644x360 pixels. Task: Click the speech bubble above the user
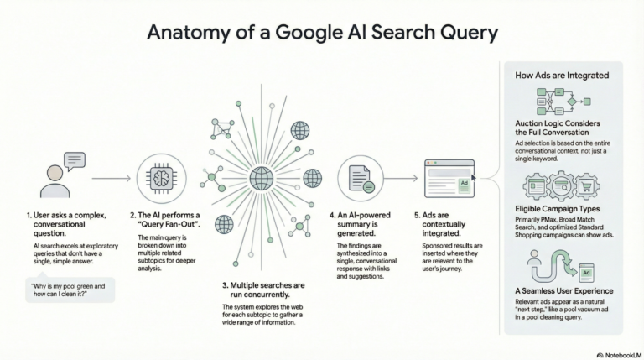pos(75,159)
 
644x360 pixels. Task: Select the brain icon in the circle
pos(159,178)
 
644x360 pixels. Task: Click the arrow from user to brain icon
pos(111,178)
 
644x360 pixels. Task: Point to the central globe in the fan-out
pos(262,178)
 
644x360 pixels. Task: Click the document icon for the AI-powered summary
pos(356,179)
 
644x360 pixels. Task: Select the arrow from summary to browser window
pos(402,178)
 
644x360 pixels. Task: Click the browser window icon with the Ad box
pos(449,179)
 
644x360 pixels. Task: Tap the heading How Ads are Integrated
pos(562,76)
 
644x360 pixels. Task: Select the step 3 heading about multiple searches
pos(263,290)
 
